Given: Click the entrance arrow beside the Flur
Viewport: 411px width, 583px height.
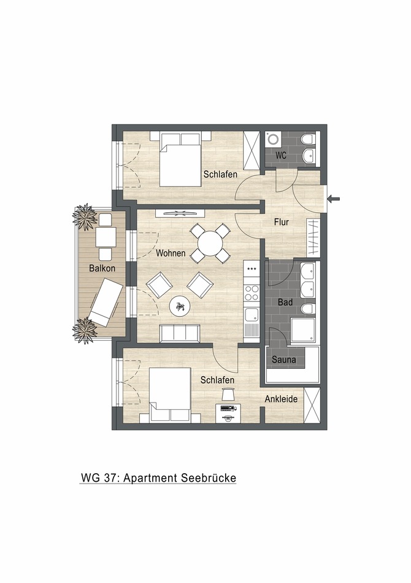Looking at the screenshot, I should pyautogui.click(x=334, y=198).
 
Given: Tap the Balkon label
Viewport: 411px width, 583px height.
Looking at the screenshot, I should pyautogui.click(x=102, y=268).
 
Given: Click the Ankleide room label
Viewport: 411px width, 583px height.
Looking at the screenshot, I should pyautogui.click(x=281, y=399).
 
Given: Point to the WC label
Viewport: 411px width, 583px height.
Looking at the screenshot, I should pyautogui.click(x=281, y=156).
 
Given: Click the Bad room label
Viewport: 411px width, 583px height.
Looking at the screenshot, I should pyautogui.click(x=285, y=303).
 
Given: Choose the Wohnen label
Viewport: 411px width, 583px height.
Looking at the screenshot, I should pyautogui.click(x=171, y=253).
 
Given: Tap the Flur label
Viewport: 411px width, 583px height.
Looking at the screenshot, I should pyautogui.click(x=282, y=222).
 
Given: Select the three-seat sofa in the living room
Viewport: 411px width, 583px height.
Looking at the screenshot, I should pyautogui.click(x=180, y=333).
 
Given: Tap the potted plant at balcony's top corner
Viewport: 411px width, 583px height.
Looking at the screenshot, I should pyautogui.click(x=84, y=216).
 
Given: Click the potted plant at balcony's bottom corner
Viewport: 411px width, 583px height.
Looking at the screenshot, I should pyautogui.click(x=84, y=331).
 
